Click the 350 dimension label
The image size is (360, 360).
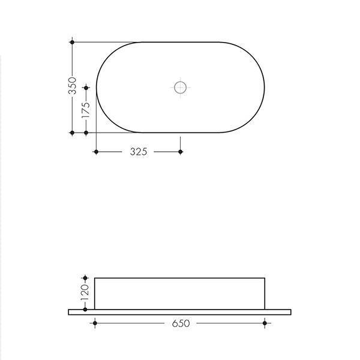[72, 87]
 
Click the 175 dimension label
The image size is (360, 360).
[86, 109]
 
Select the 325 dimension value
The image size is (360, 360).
[138, 152]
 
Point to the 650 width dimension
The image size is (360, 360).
[181, 323]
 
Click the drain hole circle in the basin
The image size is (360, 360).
[181, 87]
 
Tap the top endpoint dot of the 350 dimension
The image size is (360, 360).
[72, 42]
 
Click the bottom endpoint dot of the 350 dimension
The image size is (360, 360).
[72, 132]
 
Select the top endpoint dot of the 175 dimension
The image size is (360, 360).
[86, 88]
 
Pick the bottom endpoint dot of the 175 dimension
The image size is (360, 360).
[86, 132]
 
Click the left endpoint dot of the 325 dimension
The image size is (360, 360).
[96, 152]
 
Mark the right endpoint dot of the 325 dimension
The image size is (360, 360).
[181, 152]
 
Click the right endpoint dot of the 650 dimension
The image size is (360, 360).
[265, 323]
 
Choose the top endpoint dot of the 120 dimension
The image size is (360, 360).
[85, 278]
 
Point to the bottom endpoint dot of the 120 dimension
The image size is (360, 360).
[85, 310]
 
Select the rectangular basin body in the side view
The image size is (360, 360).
[180, 293]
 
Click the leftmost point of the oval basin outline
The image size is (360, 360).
[97, 87]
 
